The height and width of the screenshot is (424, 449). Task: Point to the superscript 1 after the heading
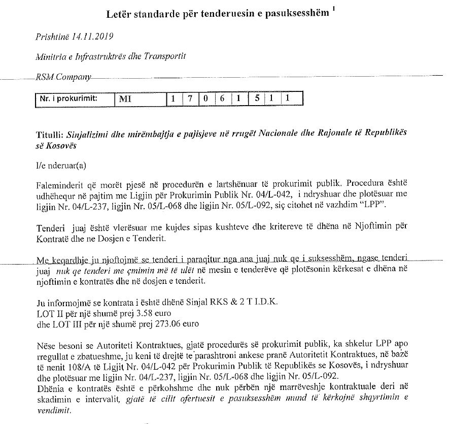click(x=333, y=9)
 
